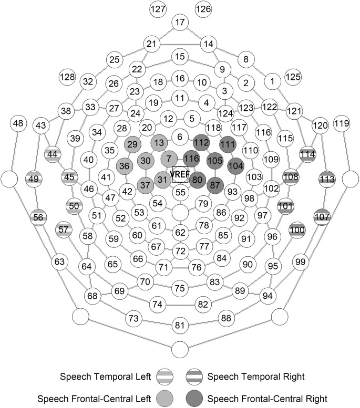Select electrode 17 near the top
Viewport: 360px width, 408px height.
click(180, 23)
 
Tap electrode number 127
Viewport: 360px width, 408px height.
click(158, 9)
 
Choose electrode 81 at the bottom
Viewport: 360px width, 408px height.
click(180, 326)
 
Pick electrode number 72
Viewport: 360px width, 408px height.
click(180, 251)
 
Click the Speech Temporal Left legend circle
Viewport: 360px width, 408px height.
click(164, 377)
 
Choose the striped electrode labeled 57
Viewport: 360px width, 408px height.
click(64, 229)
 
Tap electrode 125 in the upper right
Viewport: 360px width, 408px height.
click(293, 77)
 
